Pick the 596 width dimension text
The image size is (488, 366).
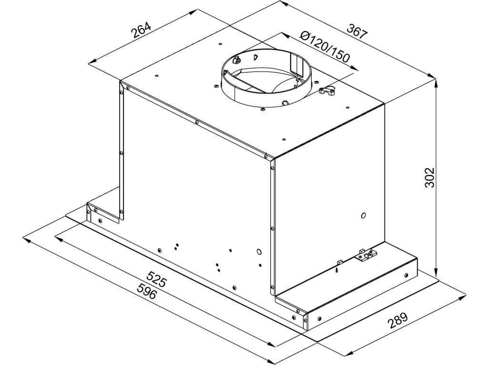146,291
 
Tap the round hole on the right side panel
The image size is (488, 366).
363,215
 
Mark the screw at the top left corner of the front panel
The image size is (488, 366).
128,87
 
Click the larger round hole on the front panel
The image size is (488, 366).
259,251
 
